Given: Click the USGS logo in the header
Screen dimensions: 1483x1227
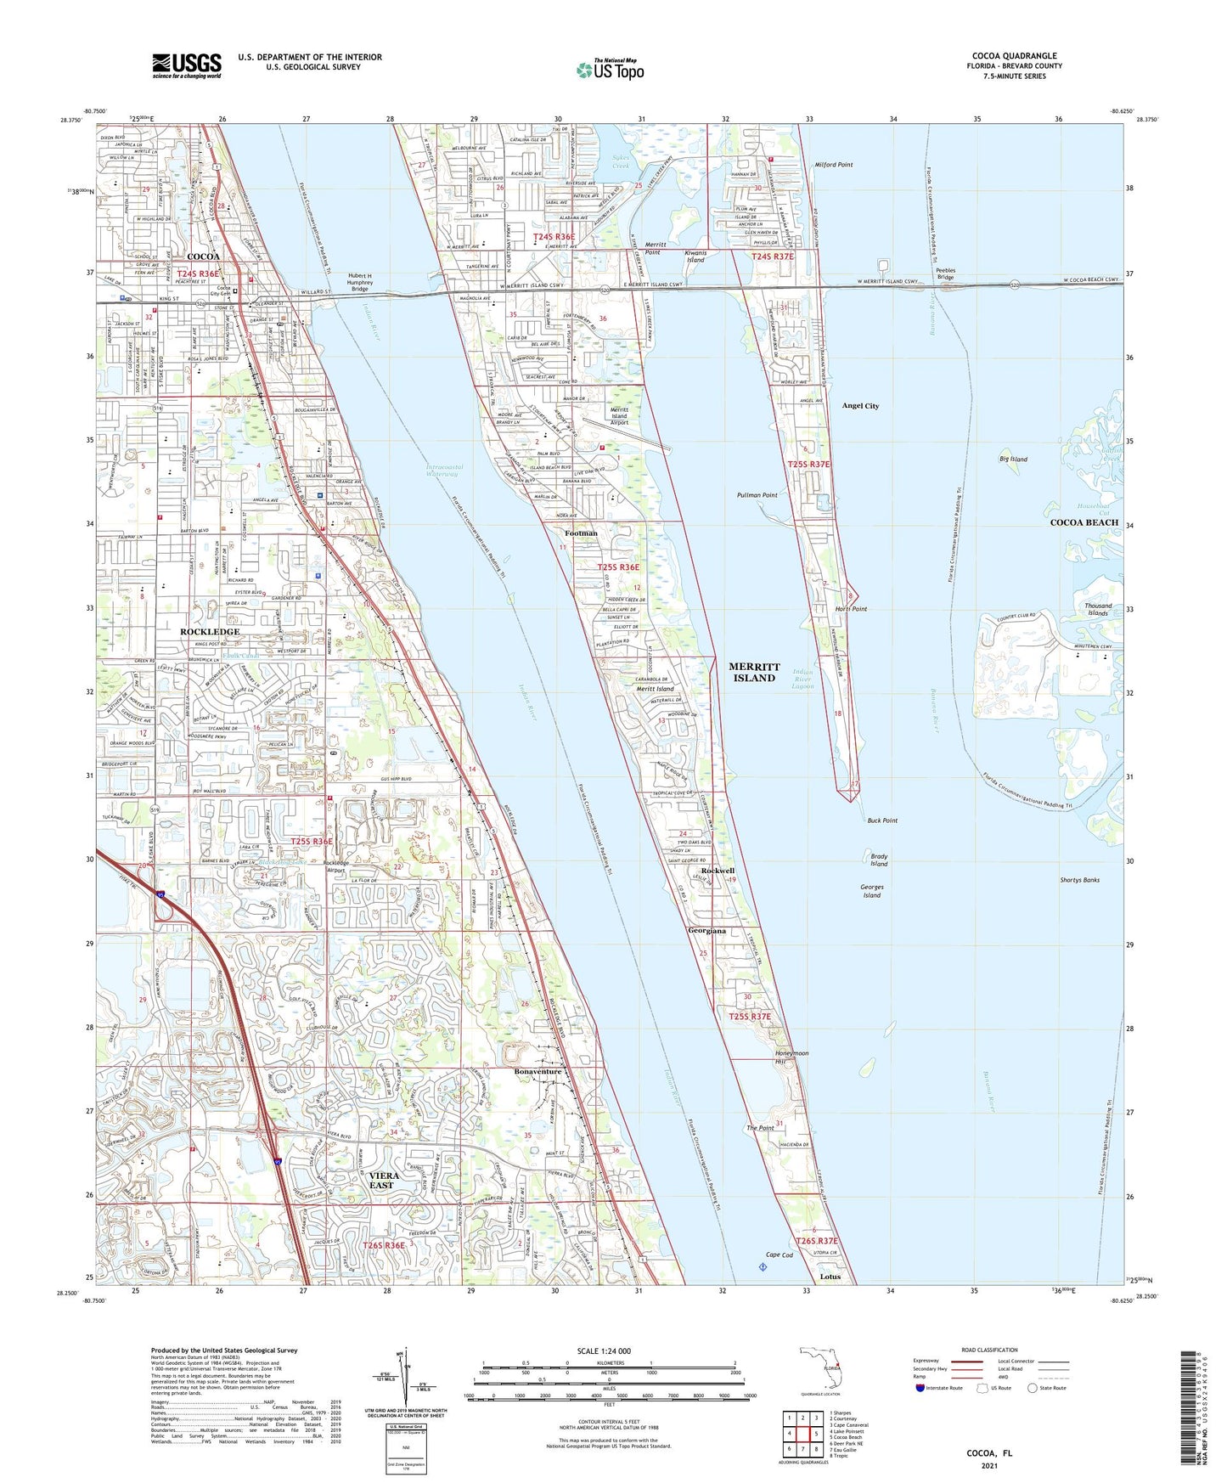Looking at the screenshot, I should (x=187, y=65).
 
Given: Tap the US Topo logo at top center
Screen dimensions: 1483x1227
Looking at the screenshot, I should (x=610, y=70).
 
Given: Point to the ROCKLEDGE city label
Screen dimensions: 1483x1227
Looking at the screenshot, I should (x=210, y=632).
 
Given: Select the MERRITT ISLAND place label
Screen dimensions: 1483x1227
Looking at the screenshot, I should (x=753, y=673).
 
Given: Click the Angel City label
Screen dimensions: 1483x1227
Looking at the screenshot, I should (x=860, y=406).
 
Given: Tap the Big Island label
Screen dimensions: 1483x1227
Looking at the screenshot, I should (x=1013, y=460).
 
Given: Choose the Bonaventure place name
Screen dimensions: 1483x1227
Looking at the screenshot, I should (x=538, y=1072).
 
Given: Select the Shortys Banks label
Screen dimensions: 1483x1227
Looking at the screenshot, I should (x=1079, y=880).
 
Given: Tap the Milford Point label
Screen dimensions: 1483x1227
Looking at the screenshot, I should (x=834, y=165).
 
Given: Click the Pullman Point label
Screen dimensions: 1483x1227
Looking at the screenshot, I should (x=757, y=495).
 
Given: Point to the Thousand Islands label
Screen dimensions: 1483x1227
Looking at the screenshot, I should (x=1098, y=610).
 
